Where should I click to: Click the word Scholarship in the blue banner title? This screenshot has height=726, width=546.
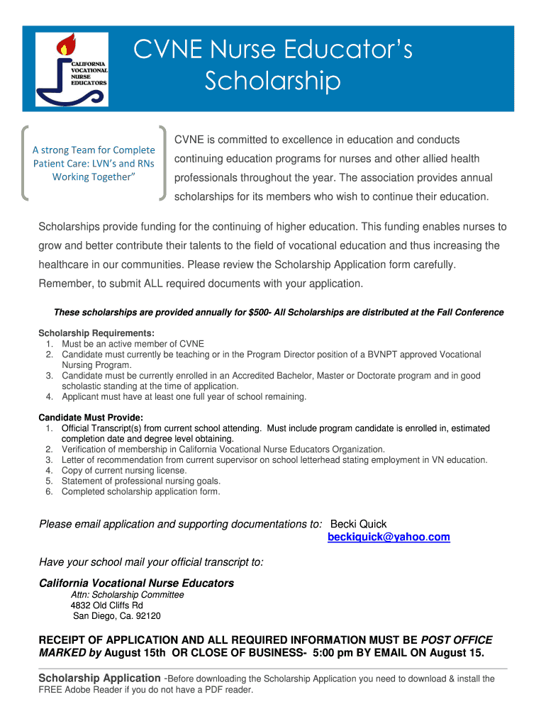(272, 82)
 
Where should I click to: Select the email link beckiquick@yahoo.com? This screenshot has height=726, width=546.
(389, 537)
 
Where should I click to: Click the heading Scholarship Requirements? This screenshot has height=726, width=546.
(96, 333)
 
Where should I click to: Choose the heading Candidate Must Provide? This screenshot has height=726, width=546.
(91, 418)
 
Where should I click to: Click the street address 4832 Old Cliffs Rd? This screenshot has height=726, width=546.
(106, 605)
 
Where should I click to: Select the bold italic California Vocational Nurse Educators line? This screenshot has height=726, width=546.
(136, 583)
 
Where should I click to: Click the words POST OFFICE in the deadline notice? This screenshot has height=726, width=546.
(457, 640)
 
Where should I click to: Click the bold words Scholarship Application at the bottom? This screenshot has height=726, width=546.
(99, 678)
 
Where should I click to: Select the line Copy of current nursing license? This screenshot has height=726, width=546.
(124, 470)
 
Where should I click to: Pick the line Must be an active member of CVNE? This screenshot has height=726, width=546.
(133, 344)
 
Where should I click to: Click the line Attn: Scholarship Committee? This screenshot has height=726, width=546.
(127, 595)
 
